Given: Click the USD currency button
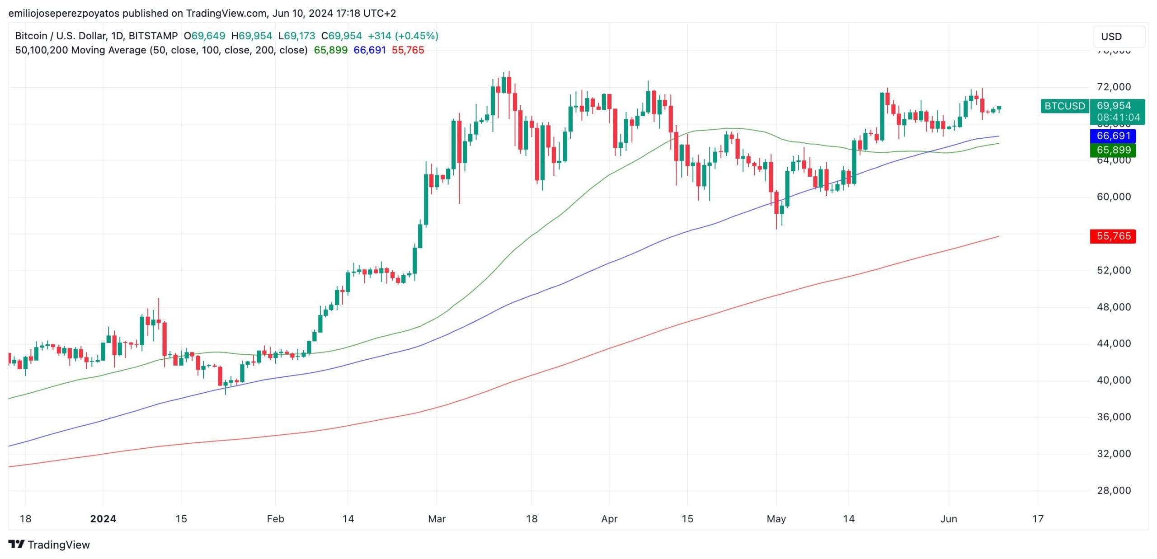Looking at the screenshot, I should pyautogui.click(x=1119, y=37).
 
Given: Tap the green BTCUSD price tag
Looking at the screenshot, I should pyautogui.click(x=1064, y=106).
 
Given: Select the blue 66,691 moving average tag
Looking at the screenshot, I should pyautogui.click(x=1113, y=136).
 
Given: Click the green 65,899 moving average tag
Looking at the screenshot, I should pyautogui.click(x=1113, y=150).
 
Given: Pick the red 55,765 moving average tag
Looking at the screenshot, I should pyautogui.click(x=1113, y=236).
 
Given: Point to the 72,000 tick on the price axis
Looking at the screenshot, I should pyautogui.click(x=1114, y=87).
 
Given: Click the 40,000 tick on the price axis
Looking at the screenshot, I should pyautogui.click(x=1114, y=380).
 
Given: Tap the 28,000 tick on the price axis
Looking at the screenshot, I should pyautogui.click(x=1114, y=490).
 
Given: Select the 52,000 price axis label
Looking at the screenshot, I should pyautogui.click(x=1114, y=270).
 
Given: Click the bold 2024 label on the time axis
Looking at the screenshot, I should pyautogui.click(x=103, y=519).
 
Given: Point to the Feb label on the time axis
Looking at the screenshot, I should pyautogui.click(x=275, y=519).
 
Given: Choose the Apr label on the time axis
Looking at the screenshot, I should pyautogui.click(x=609, y=519).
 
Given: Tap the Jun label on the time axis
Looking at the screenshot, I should pyautogui.click(x=949, y=519).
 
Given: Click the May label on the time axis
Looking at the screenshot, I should pyautogui.click(x=776, y=519).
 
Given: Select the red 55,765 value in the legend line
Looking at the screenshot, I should pyautogui.click(x=408, y=50).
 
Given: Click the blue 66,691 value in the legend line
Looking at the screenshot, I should pyautogui.click(x=369, y=50).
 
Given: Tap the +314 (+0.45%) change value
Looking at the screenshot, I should pyautogui.click(x=403, y=36).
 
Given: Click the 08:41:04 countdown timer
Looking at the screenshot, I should pyautogui.click(x=1118, y=117).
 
